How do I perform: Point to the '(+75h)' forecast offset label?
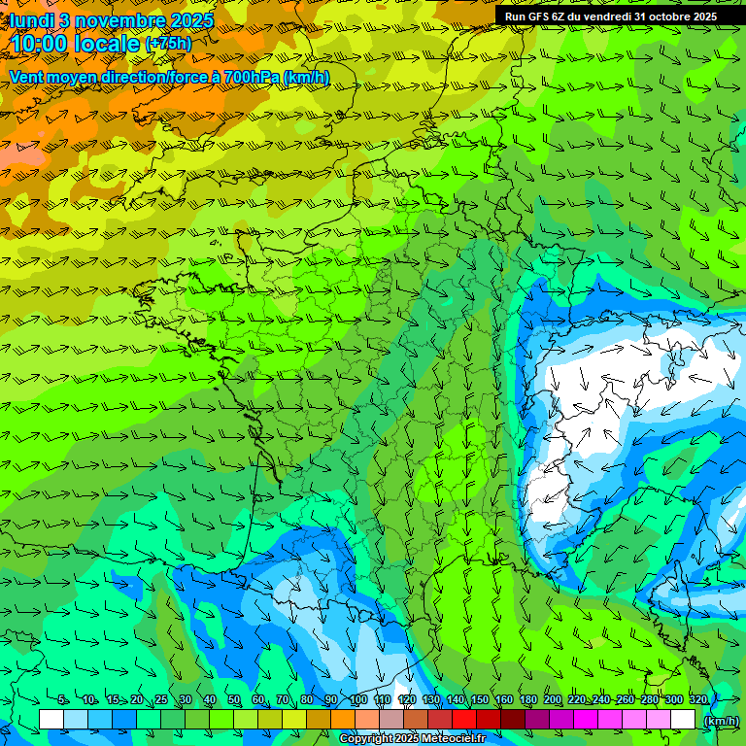point(168,44)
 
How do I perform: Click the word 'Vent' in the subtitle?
point(27,77)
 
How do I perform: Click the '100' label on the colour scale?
point(357,700)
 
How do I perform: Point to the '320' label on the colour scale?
point(697,700)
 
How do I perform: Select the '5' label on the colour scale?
point(63,700)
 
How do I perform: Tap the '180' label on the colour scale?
point(527,700)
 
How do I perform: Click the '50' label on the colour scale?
point(233,700)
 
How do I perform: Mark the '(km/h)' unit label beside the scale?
point(721,720)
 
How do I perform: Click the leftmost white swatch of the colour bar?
point(51,719)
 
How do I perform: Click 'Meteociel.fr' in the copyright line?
point(454,739)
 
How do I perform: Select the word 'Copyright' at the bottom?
point(366,739)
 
